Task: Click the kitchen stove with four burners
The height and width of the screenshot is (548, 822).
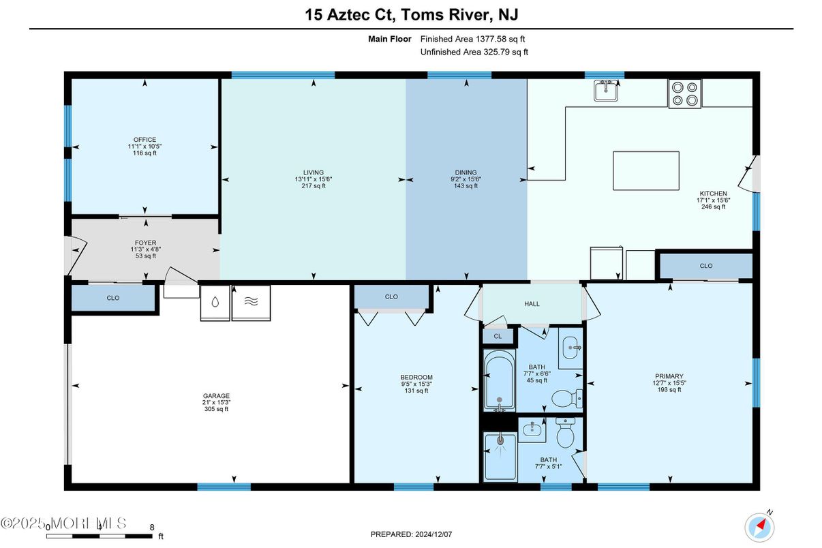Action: [685, 94]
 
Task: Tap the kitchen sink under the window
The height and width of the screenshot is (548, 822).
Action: [606, 91]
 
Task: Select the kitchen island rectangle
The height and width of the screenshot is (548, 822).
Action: [646, 170]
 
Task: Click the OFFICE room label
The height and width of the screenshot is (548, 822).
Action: [144, 140]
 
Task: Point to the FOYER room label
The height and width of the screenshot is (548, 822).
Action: [145, 243]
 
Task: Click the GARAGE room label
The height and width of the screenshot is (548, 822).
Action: [216, 396]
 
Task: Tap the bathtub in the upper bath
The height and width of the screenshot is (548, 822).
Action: [499, 380]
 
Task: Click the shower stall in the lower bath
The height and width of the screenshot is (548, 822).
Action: [500, 457]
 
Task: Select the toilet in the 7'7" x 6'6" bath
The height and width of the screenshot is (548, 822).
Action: [567, 398]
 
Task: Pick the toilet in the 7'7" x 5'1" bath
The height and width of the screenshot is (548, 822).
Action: [565, 433]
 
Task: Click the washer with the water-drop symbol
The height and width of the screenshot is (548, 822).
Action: [215, 303]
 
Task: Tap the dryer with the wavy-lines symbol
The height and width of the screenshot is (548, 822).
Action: [251, 303]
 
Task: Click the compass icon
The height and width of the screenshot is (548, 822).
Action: [759, 528]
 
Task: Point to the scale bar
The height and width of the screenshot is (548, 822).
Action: [99, 536]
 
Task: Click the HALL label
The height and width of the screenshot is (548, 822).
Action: [532, 304]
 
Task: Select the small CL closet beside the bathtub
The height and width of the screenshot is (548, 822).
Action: [498, 337]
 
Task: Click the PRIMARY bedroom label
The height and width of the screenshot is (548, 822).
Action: [669, 376]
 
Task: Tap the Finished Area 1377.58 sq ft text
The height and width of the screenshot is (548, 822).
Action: [472, 39]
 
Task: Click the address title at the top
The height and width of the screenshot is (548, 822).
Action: [412, 15]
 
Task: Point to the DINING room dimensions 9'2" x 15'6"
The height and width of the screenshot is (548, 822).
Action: [466, 179]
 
